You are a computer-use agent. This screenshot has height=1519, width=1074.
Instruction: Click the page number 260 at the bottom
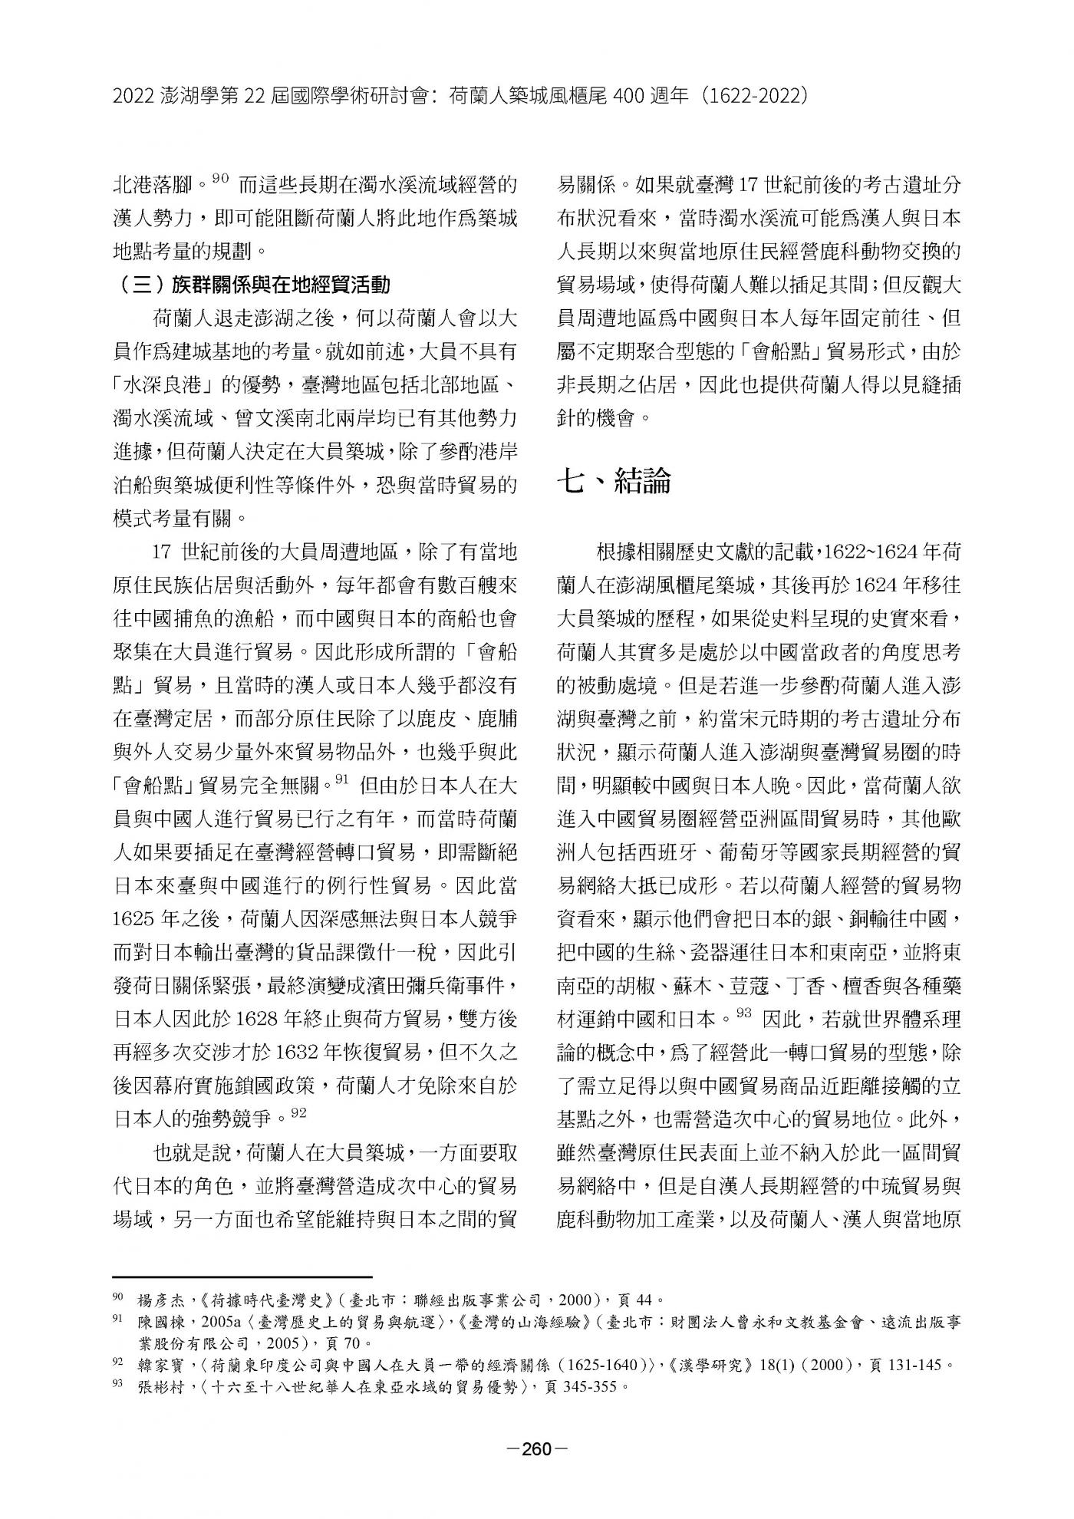point(537,1449)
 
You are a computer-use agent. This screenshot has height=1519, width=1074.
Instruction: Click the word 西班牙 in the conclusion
point(667,853)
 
